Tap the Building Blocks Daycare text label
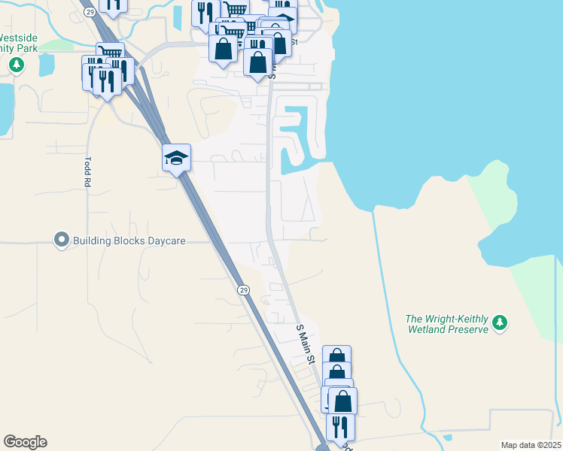(129, 241)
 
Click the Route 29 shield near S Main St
(243, 289)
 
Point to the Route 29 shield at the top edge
(90, 12)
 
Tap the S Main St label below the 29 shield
(305, 344)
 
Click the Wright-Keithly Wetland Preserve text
(446, 324)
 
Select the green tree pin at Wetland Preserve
(499, 324)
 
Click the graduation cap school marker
(176, 157)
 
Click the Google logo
(25, 442)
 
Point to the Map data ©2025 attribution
(531, 445)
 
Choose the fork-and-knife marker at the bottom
(340, 427)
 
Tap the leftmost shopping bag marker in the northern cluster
(224, 50)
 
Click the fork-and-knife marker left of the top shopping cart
(204, 13)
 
